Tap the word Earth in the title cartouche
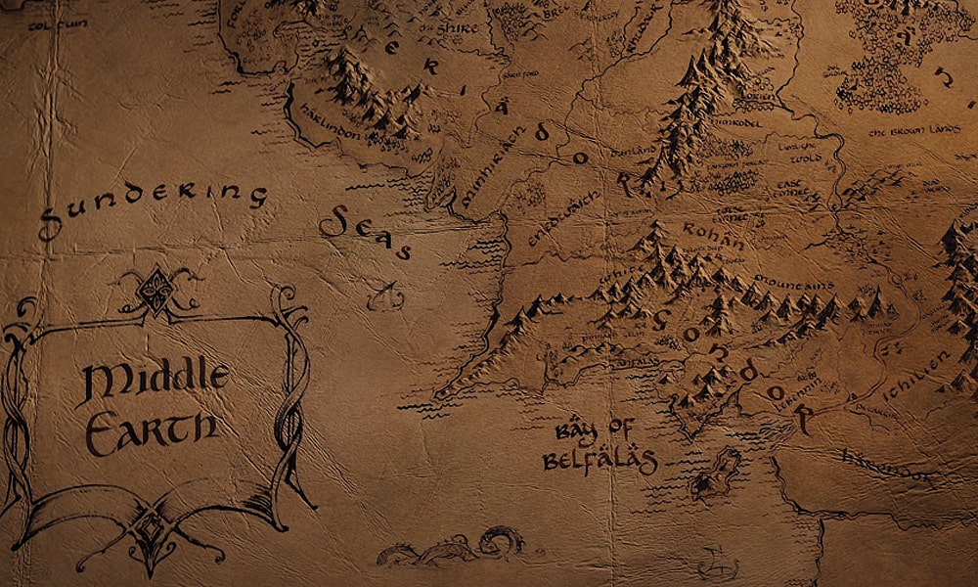point(151,429)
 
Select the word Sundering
point(152,205)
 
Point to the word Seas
point(365,235)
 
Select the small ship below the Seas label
point(387,293)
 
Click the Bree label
point(554,16)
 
